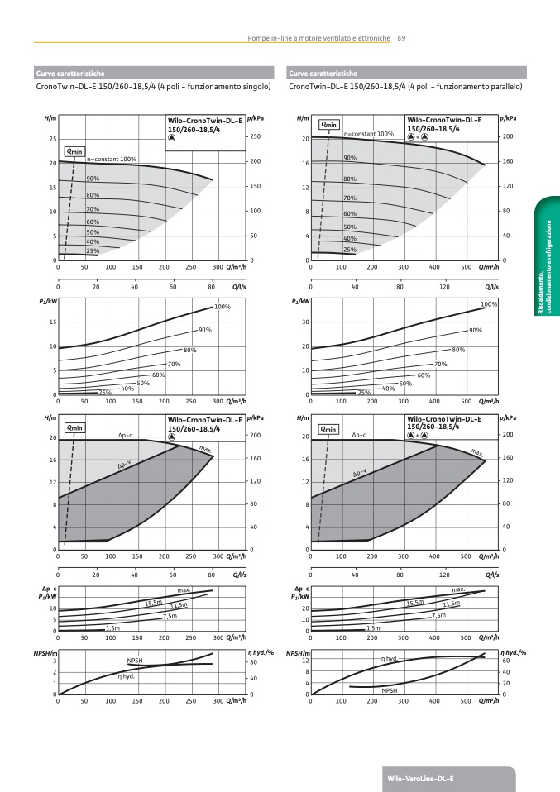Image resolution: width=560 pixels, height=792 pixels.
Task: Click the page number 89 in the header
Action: click(401, 37)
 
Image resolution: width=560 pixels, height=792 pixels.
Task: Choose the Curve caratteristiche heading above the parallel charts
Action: click(323, 74)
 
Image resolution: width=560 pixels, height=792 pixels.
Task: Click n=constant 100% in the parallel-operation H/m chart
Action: click(368, 133)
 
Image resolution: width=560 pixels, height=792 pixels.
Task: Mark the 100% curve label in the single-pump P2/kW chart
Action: click(222, 307)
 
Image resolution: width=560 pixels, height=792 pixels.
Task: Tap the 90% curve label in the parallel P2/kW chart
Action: click(475, 331)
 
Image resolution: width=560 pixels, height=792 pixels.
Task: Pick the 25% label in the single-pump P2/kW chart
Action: click(105, 392)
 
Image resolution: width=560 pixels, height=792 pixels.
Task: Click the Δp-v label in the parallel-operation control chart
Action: click(361, 473)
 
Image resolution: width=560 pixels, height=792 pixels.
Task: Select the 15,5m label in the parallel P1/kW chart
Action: click(414, 603)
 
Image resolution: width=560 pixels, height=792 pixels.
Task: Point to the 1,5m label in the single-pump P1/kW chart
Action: click(112, 629)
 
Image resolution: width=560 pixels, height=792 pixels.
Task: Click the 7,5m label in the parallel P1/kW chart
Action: click(438, 616)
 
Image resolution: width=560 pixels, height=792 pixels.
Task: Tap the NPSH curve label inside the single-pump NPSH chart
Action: click(135, 661)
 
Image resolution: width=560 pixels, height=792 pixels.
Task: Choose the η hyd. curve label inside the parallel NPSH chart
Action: click(389, 658)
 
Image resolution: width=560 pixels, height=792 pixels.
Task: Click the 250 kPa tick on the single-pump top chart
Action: click(255, 137)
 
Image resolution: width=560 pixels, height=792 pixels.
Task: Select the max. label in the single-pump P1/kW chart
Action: click(184, 589)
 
